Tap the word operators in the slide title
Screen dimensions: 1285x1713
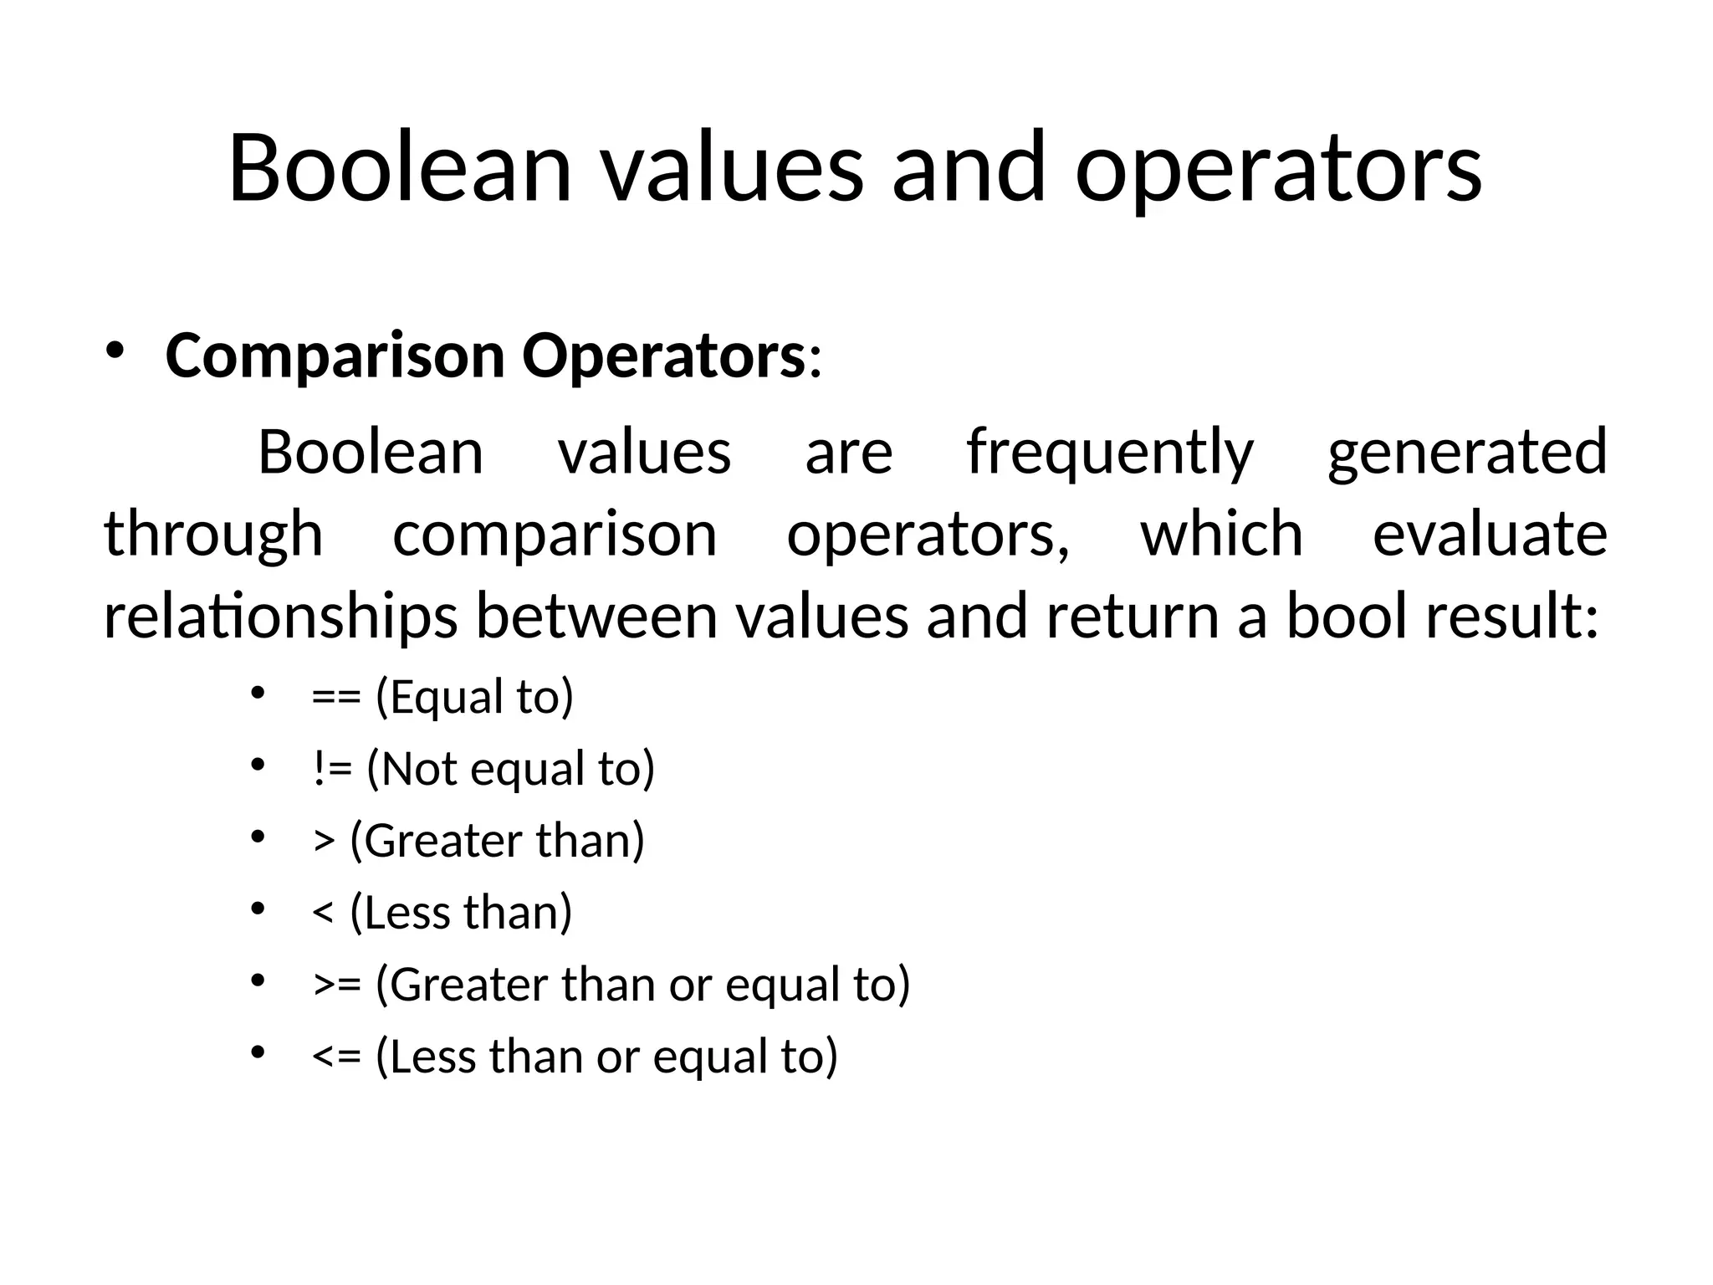[1278, 172]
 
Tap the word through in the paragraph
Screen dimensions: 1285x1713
[213, 536]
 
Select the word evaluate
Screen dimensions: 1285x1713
[1490, 535]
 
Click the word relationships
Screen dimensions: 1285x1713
[280, 617]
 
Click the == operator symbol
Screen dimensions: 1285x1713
[336, 698]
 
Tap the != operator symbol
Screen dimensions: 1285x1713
[332, 769]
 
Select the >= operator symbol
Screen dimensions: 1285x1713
[337, 985]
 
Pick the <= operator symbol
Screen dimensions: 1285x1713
[336, 1057]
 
